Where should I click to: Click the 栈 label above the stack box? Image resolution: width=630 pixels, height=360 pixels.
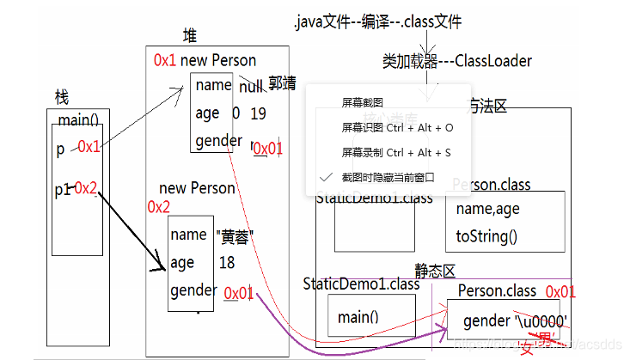pyautogui.click(x=60, y=98)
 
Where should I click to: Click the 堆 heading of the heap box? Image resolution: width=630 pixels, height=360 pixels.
pyautogui.click(x=190, y=35)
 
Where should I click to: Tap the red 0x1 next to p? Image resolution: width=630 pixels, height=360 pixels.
pyautogui.click(x=89, y=147)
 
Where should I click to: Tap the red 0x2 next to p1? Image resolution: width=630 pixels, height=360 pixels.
pyautogui.click(x=87, y=187)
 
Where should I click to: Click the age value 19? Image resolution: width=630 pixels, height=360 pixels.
pyautogui.click(x=258, y=113)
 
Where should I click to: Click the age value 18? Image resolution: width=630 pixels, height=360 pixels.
pyautogui.click(x=226, y=263)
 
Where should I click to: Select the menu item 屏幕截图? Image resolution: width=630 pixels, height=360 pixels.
pyautogui.click(x=362, y=101)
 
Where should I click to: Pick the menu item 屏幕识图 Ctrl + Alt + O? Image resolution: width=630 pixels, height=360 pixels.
pyautogui.click(x=396, y=127)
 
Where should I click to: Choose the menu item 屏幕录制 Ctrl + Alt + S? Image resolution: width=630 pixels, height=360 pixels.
pyautogui.click(x=395, y=152)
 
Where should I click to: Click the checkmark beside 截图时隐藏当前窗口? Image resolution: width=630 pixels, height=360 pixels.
pyautogui.click(x=325, y=177)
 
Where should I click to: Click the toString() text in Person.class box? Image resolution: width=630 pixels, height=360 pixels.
pyautogui.click(x=486, y=235)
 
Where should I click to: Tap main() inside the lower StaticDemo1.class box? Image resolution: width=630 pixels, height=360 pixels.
pyautogui.click(x=358, y=317)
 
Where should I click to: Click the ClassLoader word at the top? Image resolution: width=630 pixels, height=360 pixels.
pyautogui.click(x=492, y=61)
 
